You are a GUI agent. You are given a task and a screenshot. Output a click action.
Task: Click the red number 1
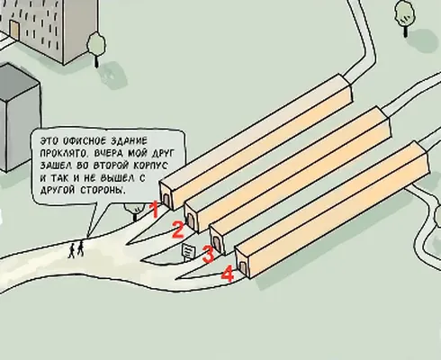pos(155,209)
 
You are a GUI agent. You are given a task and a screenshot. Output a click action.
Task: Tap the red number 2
pos(177,229)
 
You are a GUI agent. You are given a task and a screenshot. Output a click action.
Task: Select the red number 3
pos(209,254)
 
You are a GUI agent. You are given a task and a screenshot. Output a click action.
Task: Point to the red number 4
pos(228,274)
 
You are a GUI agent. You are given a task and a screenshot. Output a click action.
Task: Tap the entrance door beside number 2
pos(190,220)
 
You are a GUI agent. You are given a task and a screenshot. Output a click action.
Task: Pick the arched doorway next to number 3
pos(216,243)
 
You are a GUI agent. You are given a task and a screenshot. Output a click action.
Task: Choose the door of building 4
pos(242,266)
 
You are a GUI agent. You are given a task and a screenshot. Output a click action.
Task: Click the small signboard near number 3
pos(189,252)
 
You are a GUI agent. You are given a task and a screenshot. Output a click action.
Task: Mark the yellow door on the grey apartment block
pos(14,29)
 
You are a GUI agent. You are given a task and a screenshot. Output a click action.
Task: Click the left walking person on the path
pos(72,250)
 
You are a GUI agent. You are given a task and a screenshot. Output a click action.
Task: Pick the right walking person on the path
pos(80,248)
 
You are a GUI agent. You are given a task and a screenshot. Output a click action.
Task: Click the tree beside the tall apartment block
pos(96,49)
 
